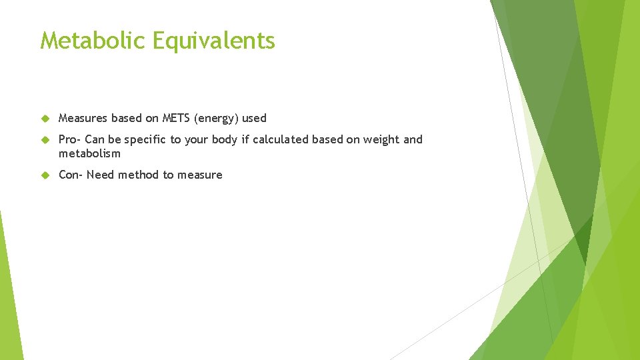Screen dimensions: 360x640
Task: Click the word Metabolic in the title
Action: pos(93,41)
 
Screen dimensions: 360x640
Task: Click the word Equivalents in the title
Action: pos(213,41)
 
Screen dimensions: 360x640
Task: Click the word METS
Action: pos(175,119)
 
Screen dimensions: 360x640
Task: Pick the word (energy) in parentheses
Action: pos(215,119)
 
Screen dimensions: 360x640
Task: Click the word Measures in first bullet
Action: pos(83,119)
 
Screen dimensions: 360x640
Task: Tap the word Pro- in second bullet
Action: pos(70,140)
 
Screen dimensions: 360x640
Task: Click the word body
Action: pos(223,140)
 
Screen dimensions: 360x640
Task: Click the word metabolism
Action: pos(89,154)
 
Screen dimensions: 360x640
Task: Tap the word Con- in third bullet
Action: pos(71,175)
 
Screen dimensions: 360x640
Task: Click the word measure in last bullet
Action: pos(199,175)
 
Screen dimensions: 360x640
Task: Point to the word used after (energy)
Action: pos(254,119)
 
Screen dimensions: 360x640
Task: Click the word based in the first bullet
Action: pos(127,119)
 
